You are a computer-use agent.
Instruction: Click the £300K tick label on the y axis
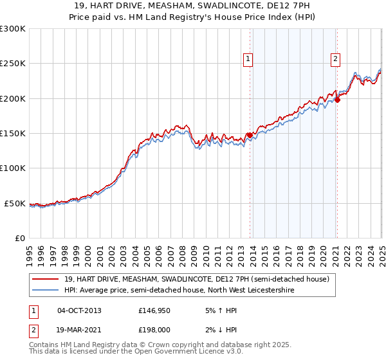pyautogui.click(x=13, y=30)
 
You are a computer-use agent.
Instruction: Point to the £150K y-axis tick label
pyautogui.click(x=13, y=134)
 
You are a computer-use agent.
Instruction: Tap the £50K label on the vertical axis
pyautogui.click(x=15, y=203)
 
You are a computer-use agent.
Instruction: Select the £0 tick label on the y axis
pyautogui.click(x=20, y=238)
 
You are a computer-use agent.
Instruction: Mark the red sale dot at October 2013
pyautogui.click(x=250, y=136)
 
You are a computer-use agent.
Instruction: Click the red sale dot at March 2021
pyautogui.click(x=337, y=100)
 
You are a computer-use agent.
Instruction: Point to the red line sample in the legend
pyautogui.click(x=46, y=280)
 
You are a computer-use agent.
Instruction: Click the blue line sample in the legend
pyautogui.click(x=46, y=290)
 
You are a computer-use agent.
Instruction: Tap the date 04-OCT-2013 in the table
pyautogui.click(x=79, y=310)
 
